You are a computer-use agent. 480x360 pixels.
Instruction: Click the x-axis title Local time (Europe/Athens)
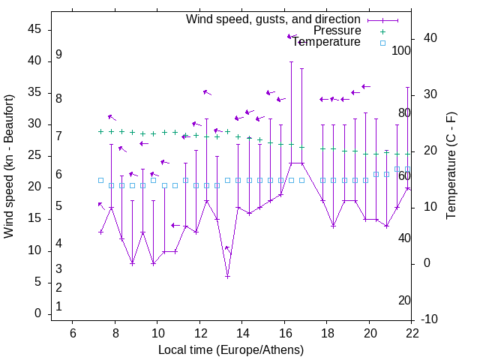tap(231, 349)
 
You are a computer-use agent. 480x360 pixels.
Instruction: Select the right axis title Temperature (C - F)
tap(451, 166)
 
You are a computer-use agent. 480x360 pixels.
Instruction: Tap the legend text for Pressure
tap(337, 31)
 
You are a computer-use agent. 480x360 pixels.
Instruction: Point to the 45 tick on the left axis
tap(35, 28)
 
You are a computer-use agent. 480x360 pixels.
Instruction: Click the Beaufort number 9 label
tap(58, 55)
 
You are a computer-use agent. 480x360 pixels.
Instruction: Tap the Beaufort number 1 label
tap(58, 306)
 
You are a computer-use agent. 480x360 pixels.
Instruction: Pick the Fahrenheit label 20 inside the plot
tap(404, 300)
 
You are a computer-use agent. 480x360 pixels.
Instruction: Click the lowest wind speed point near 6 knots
tap(227, 276)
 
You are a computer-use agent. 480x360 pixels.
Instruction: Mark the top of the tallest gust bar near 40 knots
tap(291, 62)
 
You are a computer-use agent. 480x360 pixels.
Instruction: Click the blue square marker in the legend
tap(382, 43)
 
